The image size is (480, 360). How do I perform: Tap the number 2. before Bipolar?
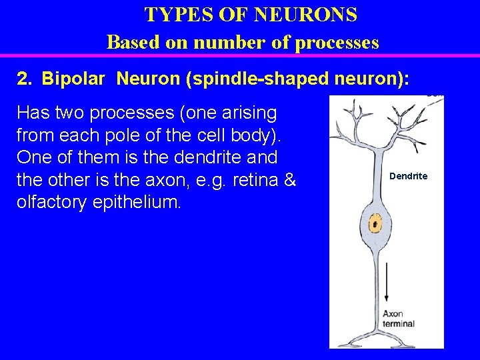pos(25,79)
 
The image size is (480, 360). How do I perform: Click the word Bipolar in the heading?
pos(73,79)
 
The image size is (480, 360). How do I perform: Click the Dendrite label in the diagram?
pos(408,176)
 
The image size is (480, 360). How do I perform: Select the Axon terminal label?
pos(398,318)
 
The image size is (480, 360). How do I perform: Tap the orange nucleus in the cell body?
pos(375,225)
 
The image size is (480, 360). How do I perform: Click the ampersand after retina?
pos(290,180)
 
